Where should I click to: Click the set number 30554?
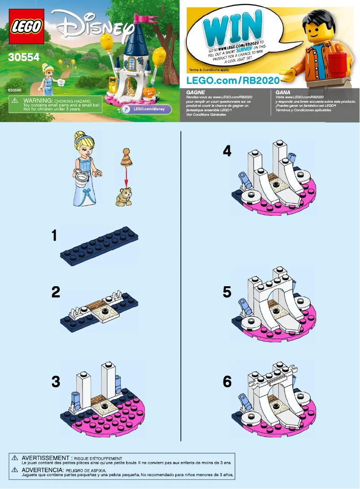point(23,57)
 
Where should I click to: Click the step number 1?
point(54,236)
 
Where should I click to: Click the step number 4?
point(227,152)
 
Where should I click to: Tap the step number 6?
point(227,382)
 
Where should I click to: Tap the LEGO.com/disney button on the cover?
point(143,109)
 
